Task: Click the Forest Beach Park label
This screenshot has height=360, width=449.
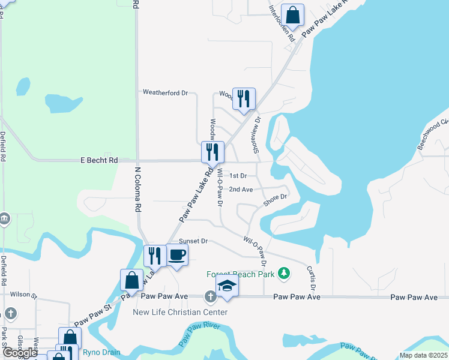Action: coord(240,274)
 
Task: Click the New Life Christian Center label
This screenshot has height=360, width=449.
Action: coord(180,312)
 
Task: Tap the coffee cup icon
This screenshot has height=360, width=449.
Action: coord(176,254)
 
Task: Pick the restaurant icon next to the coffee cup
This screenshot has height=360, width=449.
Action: coord(155,256)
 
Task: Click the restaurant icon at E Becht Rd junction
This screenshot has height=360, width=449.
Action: coord(212,152)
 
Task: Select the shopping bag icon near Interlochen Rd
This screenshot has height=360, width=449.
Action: coord(292,15)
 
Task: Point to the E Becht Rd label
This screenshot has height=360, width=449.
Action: coord(100,161)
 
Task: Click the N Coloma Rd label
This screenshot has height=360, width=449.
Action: coord(137,190)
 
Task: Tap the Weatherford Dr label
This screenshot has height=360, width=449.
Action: coord(165,92)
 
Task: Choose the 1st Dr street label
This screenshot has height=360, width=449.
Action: coord(238,176)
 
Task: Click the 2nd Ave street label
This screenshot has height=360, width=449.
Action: coord(241,190)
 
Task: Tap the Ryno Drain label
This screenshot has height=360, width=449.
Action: coord(101,352)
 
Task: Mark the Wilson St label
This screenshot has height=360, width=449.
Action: coord(23,295)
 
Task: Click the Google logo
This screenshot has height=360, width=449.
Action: coord(20,353)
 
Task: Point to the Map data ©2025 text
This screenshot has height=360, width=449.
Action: coord(422,355)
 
